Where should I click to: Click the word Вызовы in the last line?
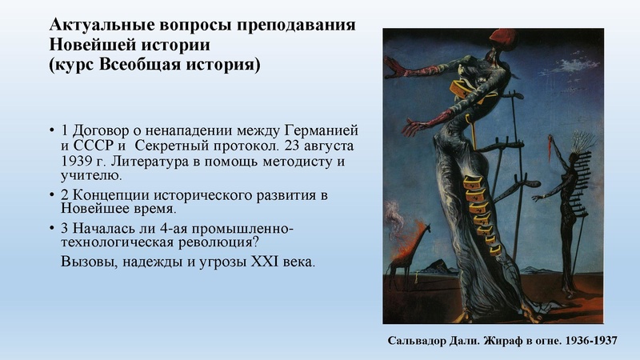point(86,262)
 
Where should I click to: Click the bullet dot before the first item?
point(52,130)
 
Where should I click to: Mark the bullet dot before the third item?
point(52,230)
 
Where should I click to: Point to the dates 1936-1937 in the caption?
point(589,340)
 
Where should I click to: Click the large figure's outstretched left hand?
point(412,128)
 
